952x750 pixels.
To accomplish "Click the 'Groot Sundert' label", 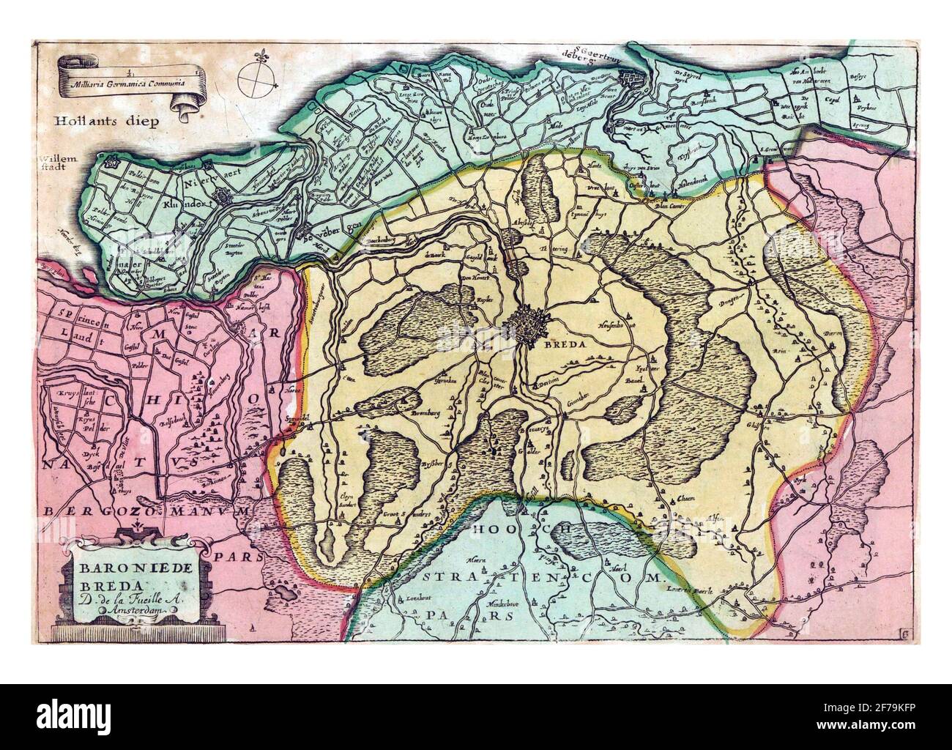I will [396, 515].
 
